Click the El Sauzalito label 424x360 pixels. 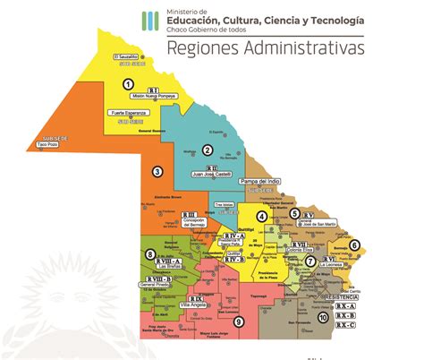pos(127,57)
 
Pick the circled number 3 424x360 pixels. pos(157,171)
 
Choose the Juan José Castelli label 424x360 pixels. pos(213,174)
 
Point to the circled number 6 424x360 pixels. pos(353,244)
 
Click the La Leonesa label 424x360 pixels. pos(332,264)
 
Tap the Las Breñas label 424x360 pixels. pos(170,266)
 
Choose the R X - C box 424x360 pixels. pos(345,325)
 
